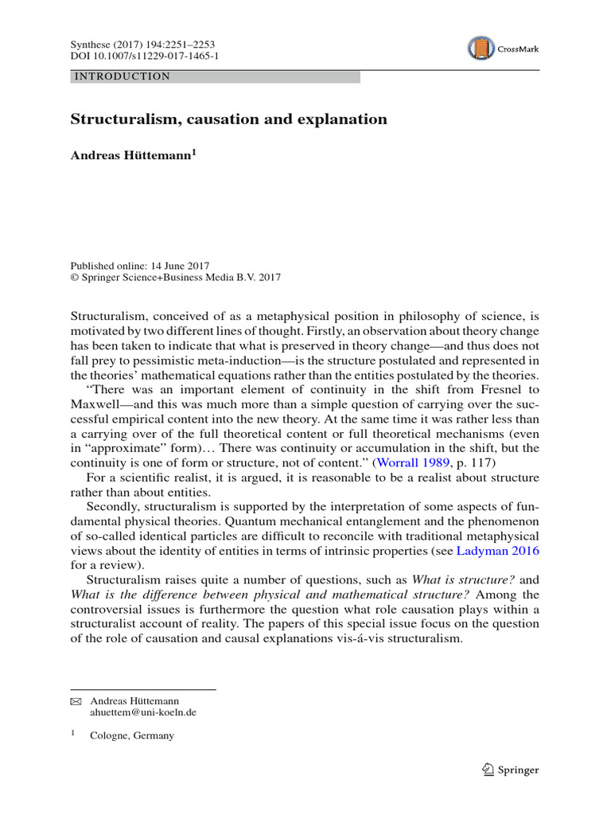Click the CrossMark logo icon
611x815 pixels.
click(481, 49)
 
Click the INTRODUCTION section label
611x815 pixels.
click(122, 76)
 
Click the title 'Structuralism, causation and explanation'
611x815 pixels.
click(229, 119)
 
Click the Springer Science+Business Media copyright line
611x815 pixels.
click(176, 278)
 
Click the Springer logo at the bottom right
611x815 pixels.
click(511, 770)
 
